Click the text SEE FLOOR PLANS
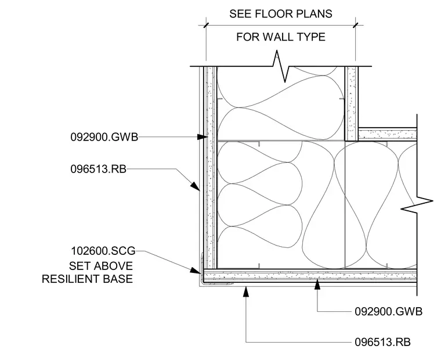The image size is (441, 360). click(281, 14)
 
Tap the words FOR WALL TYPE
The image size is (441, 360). click(281, 37)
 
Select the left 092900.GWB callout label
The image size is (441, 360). click(104, 137)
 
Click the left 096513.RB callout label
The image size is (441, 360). click(99, 169)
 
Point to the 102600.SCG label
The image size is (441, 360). click(103, 251)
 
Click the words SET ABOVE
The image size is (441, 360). click(101, 266)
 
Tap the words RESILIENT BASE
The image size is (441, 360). click(87, 279)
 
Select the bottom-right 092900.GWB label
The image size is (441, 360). click(388, 312)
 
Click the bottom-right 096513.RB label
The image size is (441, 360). click(382, 342)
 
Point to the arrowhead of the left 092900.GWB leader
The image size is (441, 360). click(202, 137)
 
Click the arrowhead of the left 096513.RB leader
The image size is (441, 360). click(196, 186)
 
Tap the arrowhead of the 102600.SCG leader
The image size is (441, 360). click(196, 271)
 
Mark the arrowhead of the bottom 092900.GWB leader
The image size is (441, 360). click(317, 284)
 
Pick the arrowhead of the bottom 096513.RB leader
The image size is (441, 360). click(246, 291)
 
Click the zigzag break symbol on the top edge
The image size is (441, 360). click(281, 66)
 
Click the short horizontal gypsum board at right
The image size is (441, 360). click(387, 134)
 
